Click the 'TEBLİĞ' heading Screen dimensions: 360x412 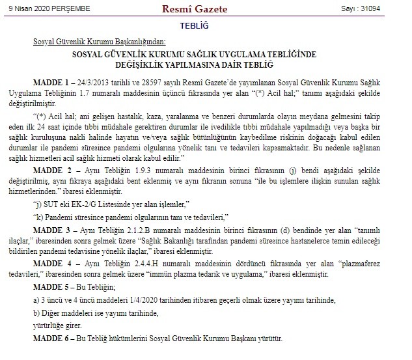(206, 25)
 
